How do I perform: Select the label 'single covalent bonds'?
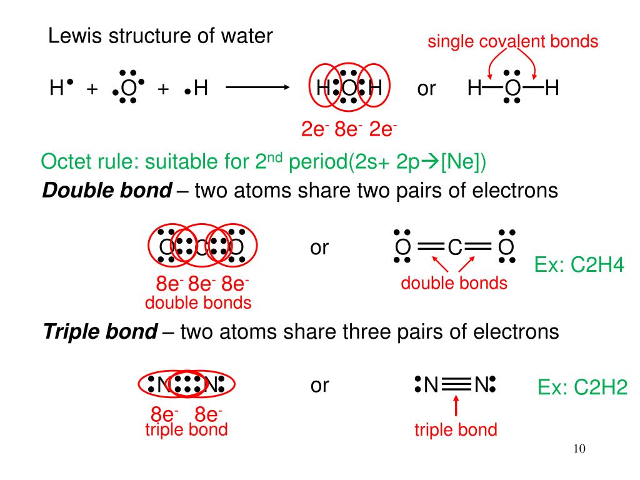(x=512, y=42)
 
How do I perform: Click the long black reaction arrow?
(x=255, y=89)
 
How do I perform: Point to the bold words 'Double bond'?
(x=107, y=191)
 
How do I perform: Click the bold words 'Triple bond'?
(x=101, y=331)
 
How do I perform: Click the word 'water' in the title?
(x=246, y=36)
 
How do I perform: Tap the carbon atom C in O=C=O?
(x=454, y=248)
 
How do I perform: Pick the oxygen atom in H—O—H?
(x=512, y=89)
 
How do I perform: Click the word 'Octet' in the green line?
(x=66, y=163)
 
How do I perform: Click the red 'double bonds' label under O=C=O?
(x=454, y=283)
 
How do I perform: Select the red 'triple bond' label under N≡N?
(x=456, y=429)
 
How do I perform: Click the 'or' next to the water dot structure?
(x=426, y=89)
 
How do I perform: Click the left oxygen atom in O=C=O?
(x=401, y=248)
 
